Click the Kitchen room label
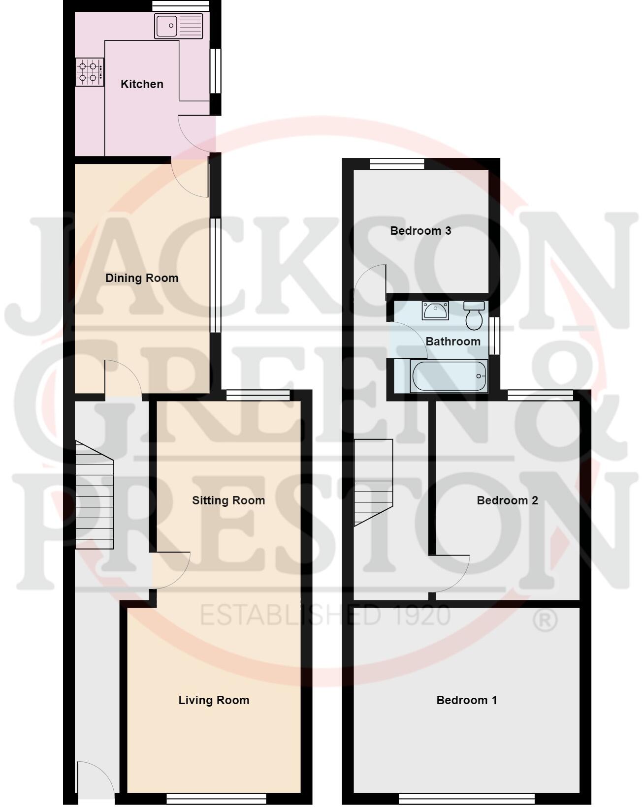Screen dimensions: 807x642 (x=142, y=84)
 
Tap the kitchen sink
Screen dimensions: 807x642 (x=178, y=26)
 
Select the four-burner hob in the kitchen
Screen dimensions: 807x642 (x=89, y=72)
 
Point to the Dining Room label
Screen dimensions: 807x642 (x=142, y=278)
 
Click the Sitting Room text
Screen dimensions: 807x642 (x=228, y=500)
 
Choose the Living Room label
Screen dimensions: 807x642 (x=214, y=700)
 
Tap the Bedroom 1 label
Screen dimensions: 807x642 (x=467, y=700)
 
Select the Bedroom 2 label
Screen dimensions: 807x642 (x=507, y=500)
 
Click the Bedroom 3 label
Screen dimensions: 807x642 (x=420, y=231)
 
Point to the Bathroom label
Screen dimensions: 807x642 (x=453, y=341)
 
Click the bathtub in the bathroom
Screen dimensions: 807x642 (x=449, y=376)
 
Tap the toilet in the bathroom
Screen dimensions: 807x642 (x=474, y=316)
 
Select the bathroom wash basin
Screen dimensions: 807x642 (x=435, y=311)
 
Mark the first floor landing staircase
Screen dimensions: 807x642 (x=373, y=481)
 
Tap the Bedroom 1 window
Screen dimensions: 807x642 (x=466, y=798)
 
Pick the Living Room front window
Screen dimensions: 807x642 (x=216, y=798)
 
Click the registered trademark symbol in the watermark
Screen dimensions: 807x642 (x=545, y=621)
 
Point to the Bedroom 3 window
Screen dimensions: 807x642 (x=397, y=164)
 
